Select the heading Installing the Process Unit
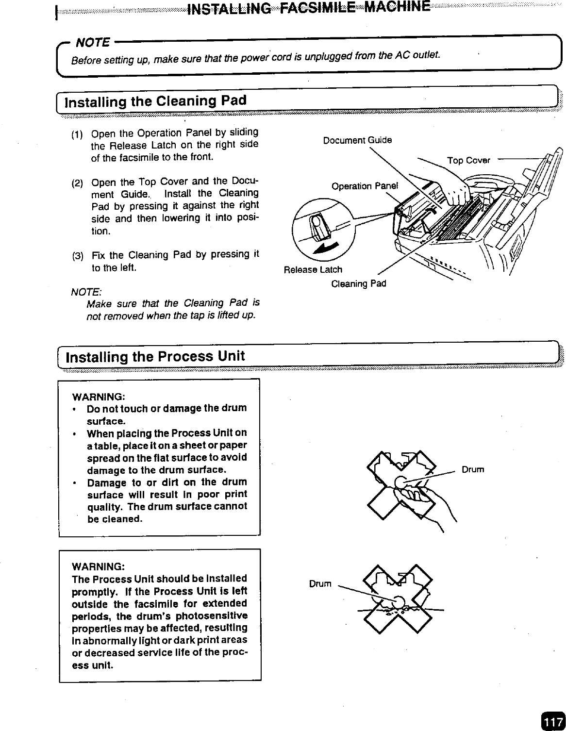point(155,357)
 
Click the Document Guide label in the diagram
point(357,140)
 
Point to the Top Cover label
point(468,160)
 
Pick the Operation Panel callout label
point(365,186)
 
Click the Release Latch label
point(313,269)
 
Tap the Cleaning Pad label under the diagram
point(358,283)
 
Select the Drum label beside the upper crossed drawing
point(472,469)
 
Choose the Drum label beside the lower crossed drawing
point(320,583)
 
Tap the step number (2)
point(77,183)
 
